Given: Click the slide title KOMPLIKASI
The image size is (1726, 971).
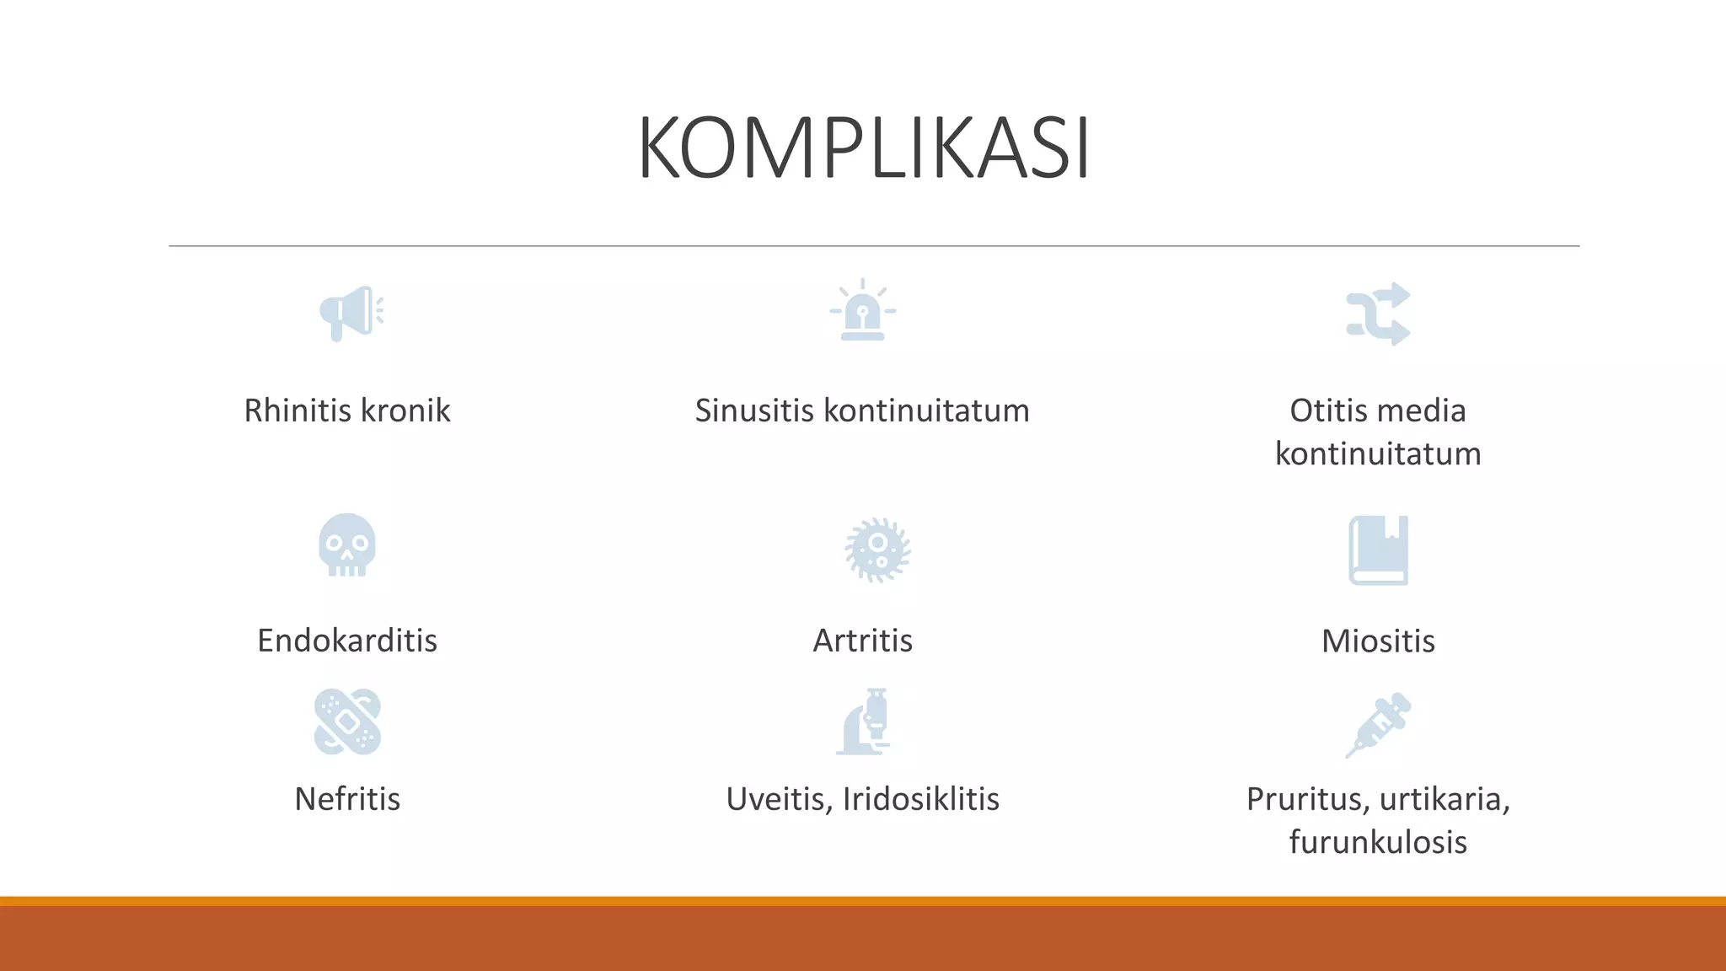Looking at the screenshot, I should [x=864, y=149].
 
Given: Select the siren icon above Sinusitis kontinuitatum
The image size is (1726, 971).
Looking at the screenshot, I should [x=862, y=311].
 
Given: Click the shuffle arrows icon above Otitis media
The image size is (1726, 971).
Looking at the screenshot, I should [x=1378, y=314].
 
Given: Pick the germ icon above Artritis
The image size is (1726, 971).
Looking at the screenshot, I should [x=877, y=550].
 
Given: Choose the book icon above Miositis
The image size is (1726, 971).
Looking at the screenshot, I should [x=1378, y=550].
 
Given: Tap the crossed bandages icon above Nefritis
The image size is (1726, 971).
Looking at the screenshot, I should [x=347, y=722].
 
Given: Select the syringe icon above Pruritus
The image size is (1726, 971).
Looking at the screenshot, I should [x=1378, y=725].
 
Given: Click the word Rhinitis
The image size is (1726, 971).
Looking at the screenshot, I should [x=297, y=410].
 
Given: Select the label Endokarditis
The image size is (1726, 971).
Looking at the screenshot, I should [x=347, y=641].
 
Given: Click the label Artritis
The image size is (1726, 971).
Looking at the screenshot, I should [x=862, y=641].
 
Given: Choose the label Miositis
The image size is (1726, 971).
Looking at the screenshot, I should [x=1378, y=641].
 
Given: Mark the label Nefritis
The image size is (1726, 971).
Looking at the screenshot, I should [x=347, y=799].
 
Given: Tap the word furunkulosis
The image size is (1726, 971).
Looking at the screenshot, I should [x=1378, y=842].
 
